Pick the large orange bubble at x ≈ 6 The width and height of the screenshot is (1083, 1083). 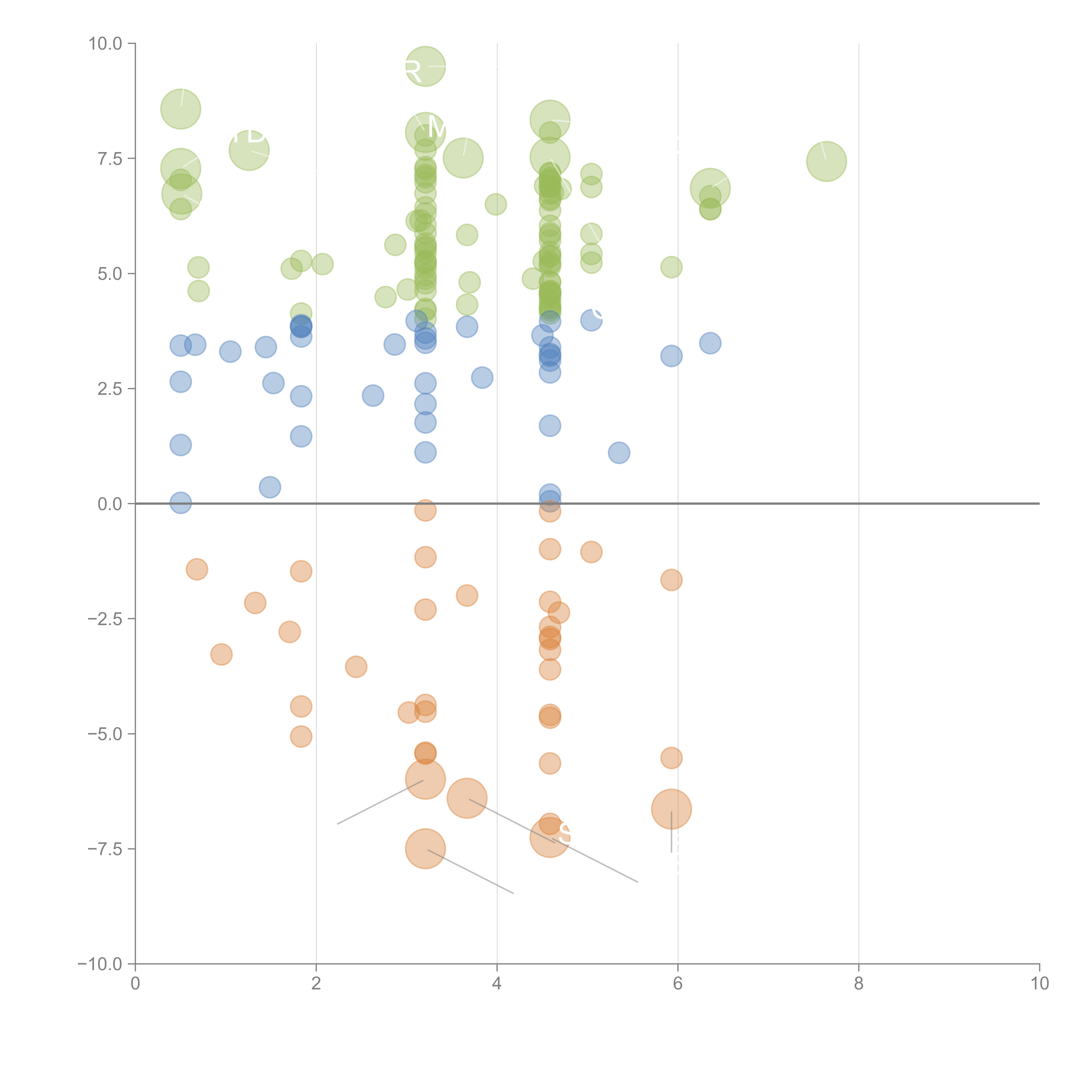pos(671,809)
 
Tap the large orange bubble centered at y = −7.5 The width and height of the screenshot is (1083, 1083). pos(425,849)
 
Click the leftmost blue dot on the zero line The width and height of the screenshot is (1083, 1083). pos(180,503)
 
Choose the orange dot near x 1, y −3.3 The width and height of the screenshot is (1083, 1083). pos(221,654)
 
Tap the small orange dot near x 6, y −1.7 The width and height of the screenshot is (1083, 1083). pos(671,580)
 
